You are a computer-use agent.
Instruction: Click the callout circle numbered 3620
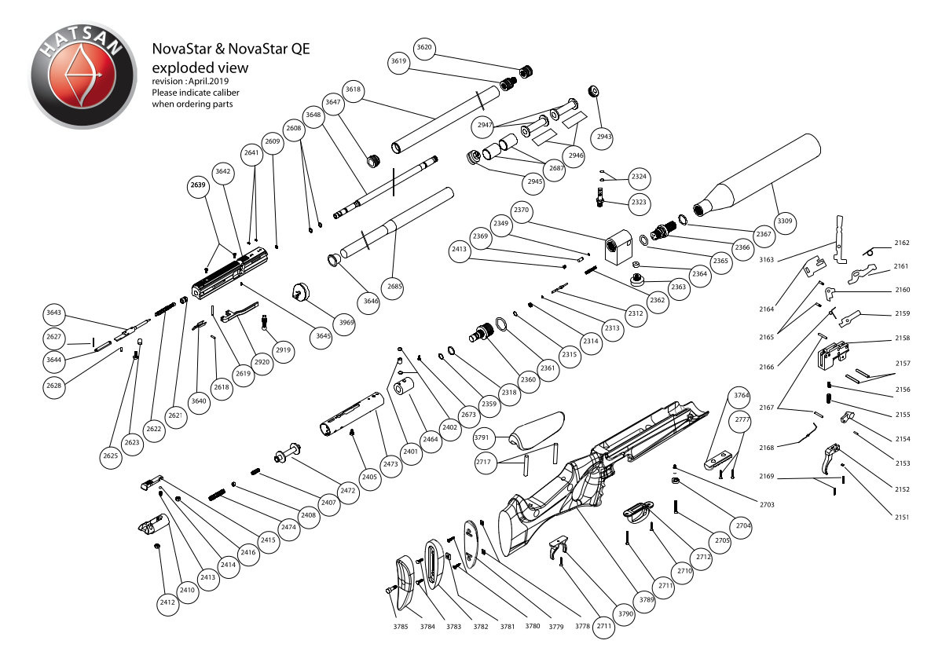click(424, 48)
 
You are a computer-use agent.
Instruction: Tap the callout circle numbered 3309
click(784, 221)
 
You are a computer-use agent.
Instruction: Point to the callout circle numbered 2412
click(167, 602)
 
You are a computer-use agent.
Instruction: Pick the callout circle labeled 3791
click(483, 438)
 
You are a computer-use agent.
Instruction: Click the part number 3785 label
click(401, 627)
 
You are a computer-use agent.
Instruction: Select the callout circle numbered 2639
click(198, 186)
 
